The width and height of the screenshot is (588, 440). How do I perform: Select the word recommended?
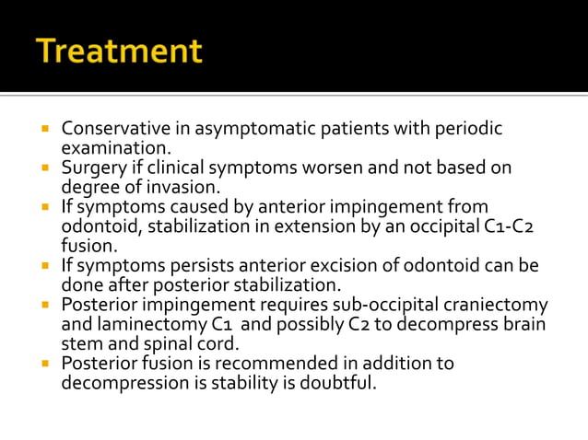[243, 364]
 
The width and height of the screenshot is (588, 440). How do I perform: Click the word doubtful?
[341, 383]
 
